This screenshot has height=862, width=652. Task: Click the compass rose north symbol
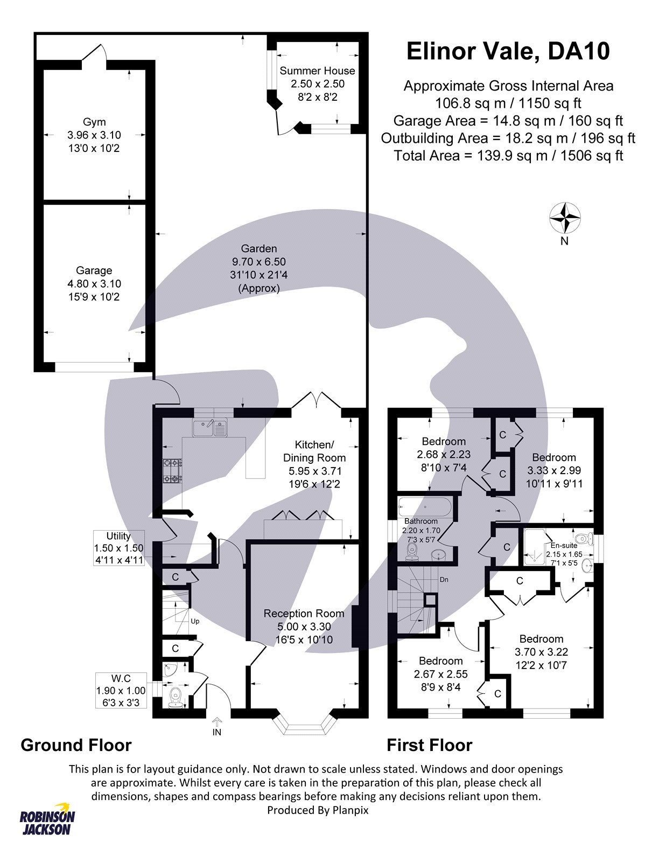click(x=565, y=219)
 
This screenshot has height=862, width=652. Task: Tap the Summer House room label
click(x=317, y=71)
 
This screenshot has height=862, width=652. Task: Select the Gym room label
click(x=94, y=122)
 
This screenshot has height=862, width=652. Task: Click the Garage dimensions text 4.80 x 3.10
click(x=94, y=284)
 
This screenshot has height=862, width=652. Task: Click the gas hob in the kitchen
click(x=173, y=471)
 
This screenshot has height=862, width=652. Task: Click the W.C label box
click(x=121, y=690)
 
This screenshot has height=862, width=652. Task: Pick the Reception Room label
click(x=304, y=613)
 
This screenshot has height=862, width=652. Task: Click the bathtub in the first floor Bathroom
click(x=425, y=507)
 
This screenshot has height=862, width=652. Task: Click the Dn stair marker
click(x=444, y=580)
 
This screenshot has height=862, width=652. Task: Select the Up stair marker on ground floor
click(x=195, y=621)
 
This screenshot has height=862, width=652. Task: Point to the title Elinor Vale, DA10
click(x=508, y=51)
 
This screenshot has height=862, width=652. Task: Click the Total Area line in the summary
click(x=508, y=156)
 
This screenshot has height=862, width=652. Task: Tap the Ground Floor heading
click(x=76, y=745)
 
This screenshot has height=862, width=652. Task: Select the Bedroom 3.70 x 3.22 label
click(x=541, y=639)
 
